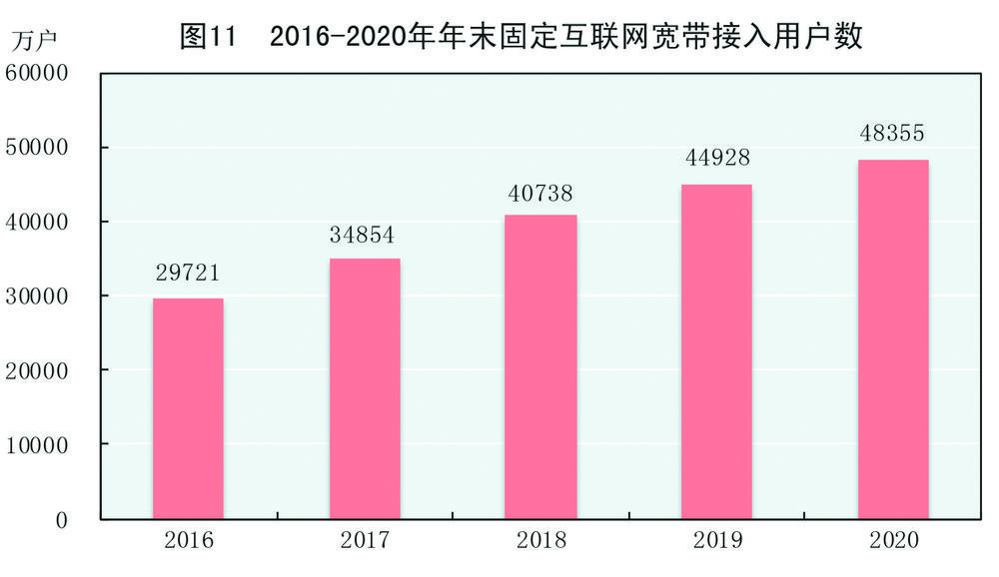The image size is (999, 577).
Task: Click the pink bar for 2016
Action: pyautogui.click(x=188, y=408)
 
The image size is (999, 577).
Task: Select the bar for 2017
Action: pyautogui.click(x=365, y=388)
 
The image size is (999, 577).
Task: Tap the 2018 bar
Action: pyautogui.click(x=541, y=366)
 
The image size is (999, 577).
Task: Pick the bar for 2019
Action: pyautogui.click(x=717, y=351)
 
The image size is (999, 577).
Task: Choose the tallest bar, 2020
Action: pyautogui.click(x=893, y=338)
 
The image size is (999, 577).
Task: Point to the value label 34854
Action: pyautogui.click(x=364, y=236)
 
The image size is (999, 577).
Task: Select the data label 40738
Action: pyautogui.click(x=540, y=193)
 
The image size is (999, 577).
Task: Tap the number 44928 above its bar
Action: pyautogui.click(x=717, y=159)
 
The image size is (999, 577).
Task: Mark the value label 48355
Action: pyautogui.click(x=893, y=134)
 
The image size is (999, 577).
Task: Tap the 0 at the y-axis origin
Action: pyautogui.click(x=62, y=520)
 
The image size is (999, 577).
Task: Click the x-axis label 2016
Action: pyautogui.click(x=188, y=542)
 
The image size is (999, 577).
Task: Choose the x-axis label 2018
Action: pyautogui.click(x=540, y=542)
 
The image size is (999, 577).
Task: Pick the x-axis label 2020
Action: pyautogui.click(x=893, y=542)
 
